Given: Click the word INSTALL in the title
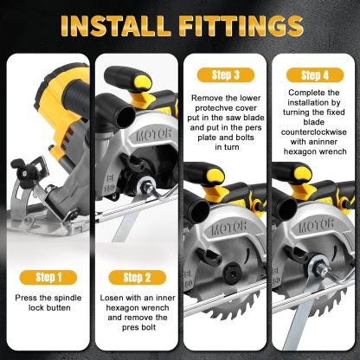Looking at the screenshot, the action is click(115, 26).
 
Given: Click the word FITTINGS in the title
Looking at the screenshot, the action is click(241, 26).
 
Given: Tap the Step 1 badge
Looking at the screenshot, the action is click(48, 278).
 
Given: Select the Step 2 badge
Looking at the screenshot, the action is click(137, 278).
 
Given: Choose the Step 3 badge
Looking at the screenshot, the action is click(226, 75).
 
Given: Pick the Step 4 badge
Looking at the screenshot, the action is click(315, 75).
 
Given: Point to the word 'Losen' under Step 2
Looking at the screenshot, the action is click(109, 298).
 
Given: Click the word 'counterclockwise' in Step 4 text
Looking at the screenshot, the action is click(314, 132).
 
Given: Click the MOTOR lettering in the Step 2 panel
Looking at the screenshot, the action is click(153, 135).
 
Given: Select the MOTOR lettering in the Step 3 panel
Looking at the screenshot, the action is click(228, 228).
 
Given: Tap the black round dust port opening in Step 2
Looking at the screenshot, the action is click(125, 114).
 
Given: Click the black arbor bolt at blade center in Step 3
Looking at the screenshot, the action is click(231, 271).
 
